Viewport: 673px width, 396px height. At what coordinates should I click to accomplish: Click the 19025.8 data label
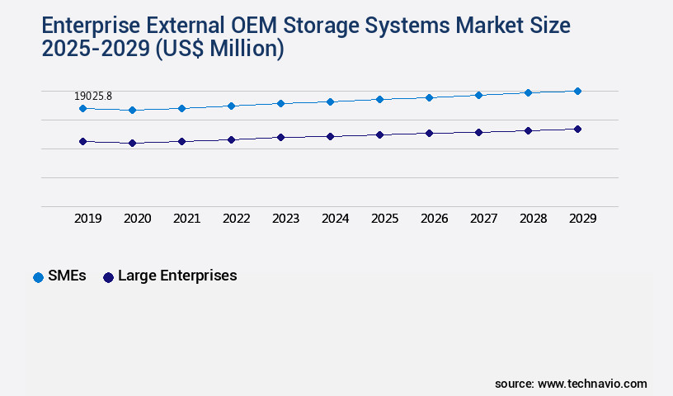point(93,97)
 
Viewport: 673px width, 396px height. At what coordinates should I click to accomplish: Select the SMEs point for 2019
point(82,108)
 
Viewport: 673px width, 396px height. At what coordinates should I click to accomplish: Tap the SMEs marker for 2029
point(577,91)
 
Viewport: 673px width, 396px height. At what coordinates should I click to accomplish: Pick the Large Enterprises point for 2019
point(82,141)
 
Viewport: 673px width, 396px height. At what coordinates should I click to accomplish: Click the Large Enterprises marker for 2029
point(577,129)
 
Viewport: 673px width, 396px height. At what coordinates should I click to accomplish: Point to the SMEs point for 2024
point(330,101)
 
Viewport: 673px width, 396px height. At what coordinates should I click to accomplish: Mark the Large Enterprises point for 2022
point(231,139)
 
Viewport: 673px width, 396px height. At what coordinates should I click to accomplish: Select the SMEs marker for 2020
point(132,110)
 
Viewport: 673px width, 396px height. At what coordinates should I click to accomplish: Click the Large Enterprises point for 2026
point(429,133)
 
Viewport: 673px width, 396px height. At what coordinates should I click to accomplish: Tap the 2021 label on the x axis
point(186,219)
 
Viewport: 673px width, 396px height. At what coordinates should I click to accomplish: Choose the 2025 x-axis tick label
point(384,219)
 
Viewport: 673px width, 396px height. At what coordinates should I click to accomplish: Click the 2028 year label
point(533,219)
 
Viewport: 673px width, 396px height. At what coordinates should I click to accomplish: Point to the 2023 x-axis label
point(285,219)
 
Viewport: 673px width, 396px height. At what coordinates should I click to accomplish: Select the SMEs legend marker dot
point(38,277)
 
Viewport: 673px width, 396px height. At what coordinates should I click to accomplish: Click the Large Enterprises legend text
point(177,276)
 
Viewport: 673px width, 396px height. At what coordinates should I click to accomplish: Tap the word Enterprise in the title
point(89,26)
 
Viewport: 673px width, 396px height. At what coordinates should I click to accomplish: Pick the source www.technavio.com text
point(571,384)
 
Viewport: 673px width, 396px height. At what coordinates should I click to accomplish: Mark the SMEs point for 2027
point(478,95)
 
